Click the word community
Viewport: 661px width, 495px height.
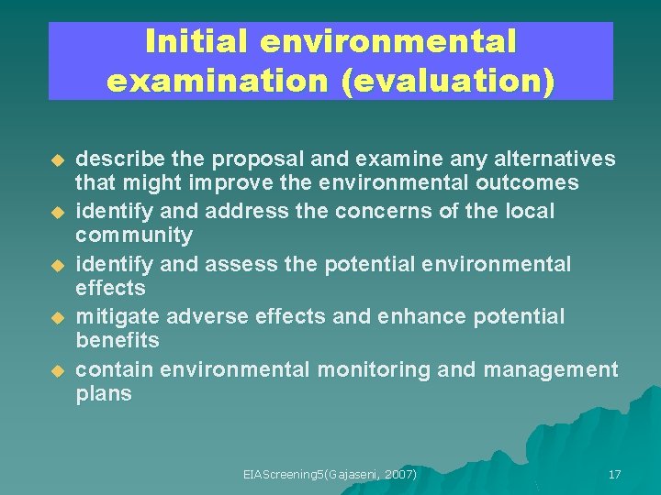pyautogui.click(x=134, y=236)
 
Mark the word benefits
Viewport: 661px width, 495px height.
pyautogui.click(x=118, y=340)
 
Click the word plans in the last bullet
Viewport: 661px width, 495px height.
pyautogui.click(x=104, y=394)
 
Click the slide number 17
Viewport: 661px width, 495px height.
pyautogui.click(x=614, y=474)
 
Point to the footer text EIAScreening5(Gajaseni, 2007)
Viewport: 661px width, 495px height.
pyautogui.click(x=330, y=474)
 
